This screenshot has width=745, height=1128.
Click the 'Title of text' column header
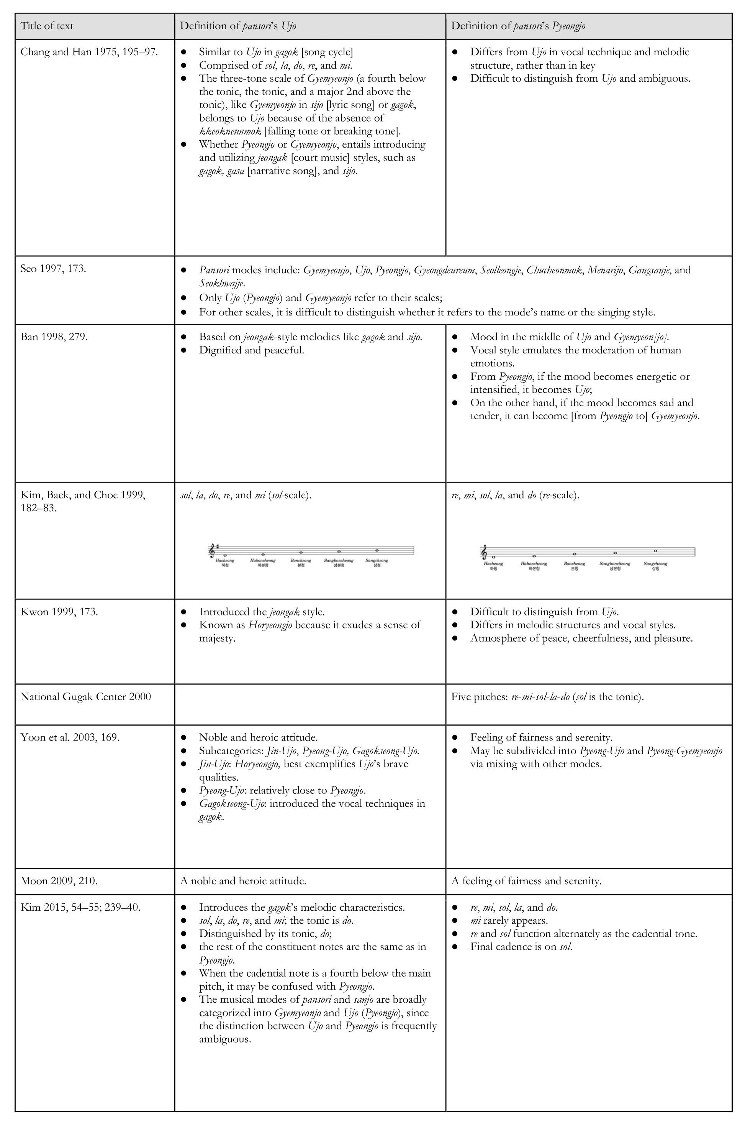pyautogui.click(x=47, y=26)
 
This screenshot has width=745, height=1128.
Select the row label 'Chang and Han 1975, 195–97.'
pyautogui.click(x=89, y=52)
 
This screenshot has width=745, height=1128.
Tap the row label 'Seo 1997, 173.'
pyautogui.click(x=53, y=269)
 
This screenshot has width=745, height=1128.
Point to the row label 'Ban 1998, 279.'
pyautogui.click(x=54, y=337)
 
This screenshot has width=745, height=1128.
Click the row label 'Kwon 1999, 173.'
pyautogui.click(x=59, y=612)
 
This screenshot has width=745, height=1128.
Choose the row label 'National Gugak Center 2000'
pyautogui.click(x=85, y=697)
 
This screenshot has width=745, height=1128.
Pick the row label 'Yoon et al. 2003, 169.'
pyautogui.click(x=70, y=738)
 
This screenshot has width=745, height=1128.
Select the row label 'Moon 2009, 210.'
pyautogui.click(x=59, y=881)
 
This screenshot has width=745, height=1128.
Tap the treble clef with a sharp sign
pyautogui.click(x=212, y=550)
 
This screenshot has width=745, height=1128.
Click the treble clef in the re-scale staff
pyautogui.click(x=484, y=552)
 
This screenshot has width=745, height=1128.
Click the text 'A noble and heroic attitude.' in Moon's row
pyautogui.click(x=243, y=881)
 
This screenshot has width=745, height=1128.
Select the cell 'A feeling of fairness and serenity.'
pyautogui.click(x=526, y=881)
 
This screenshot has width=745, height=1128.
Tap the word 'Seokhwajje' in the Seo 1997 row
pyautogui.click(x=221, y=284)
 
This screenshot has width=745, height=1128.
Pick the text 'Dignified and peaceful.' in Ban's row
pyautogui.click(x=251, y=350)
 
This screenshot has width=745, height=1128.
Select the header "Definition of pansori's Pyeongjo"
pyautogui.click(x=518, y=26)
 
